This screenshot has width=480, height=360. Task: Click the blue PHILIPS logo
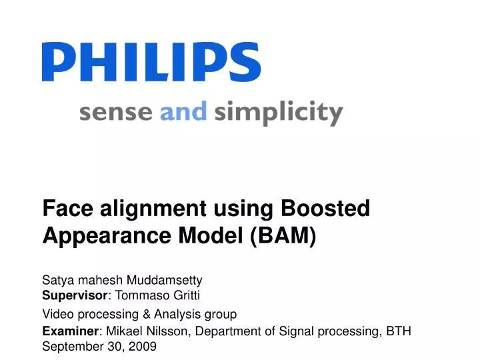point(151,62)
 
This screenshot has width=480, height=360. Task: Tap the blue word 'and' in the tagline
point(183,111)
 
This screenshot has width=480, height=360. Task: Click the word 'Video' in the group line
point(56,313)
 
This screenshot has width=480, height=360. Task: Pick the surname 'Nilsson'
point(167,331)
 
